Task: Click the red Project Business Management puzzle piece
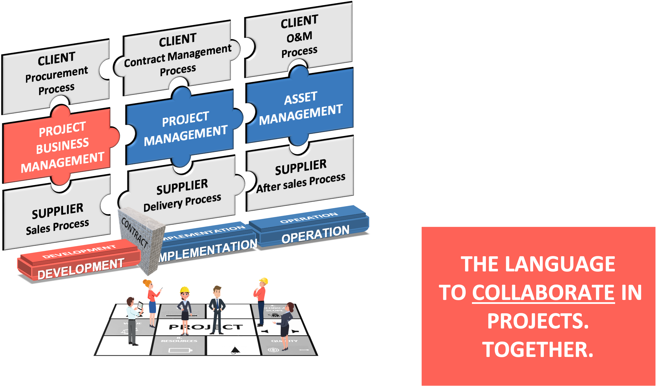(x=61, y=147)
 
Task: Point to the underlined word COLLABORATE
(x=543, y=293)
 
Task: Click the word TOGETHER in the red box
(x=538, y=350)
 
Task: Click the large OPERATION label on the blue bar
(x=315, y=234)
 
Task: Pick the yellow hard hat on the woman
(x=185, y=290)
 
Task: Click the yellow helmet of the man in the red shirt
(x=263, y=281)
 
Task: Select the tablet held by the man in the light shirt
(x=140, y=306)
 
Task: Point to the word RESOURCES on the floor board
(x=179, y=341)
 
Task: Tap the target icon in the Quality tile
(x=273, y=350)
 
